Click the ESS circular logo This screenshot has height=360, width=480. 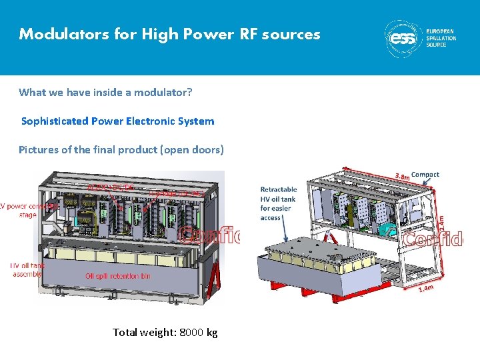click(x=403, y=39)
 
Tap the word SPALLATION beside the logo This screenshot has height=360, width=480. click(x=441, y=39)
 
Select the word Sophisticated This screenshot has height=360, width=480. click(x=55, y=121)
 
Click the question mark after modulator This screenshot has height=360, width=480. click(x=190, y=93)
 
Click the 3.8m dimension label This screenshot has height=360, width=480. click(x=402, y=177)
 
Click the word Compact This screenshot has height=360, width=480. click(x=425, y=175)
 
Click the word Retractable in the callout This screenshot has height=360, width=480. click(x=279, y=190)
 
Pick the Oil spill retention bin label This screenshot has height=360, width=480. click(x=122, y=276)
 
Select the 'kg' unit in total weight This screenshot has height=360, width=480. click(x=212, y=332)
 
